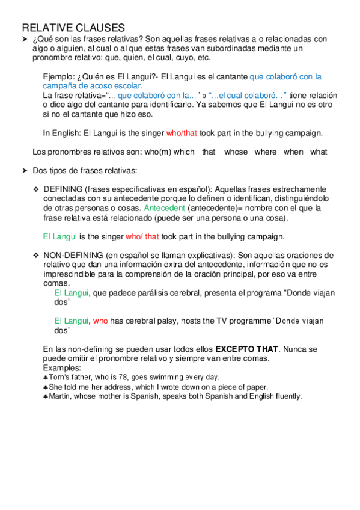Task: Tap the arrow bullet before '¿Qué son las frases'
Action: click(x=25, y=39)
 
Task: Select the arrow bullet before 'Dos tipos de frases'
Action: click(x=25, y=171)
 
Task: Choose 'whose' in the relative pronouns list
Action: click(x=236, y=152)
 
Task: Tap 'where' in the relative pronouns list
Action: click(x=266, y=152)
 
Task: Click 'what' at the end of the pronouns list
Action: click(x=319, y=152)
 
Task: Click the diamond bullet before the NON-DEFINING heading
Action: click(x=36, y=256)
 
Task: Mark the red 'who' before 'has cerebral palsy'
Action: click(x=100, y=321)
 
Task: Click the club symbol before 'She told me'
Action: click(x=46, y=387)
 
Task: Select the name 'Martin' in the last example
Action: click(x=59, y=396)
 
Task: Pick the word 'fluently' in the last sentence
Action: click(x=286, y=396)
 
